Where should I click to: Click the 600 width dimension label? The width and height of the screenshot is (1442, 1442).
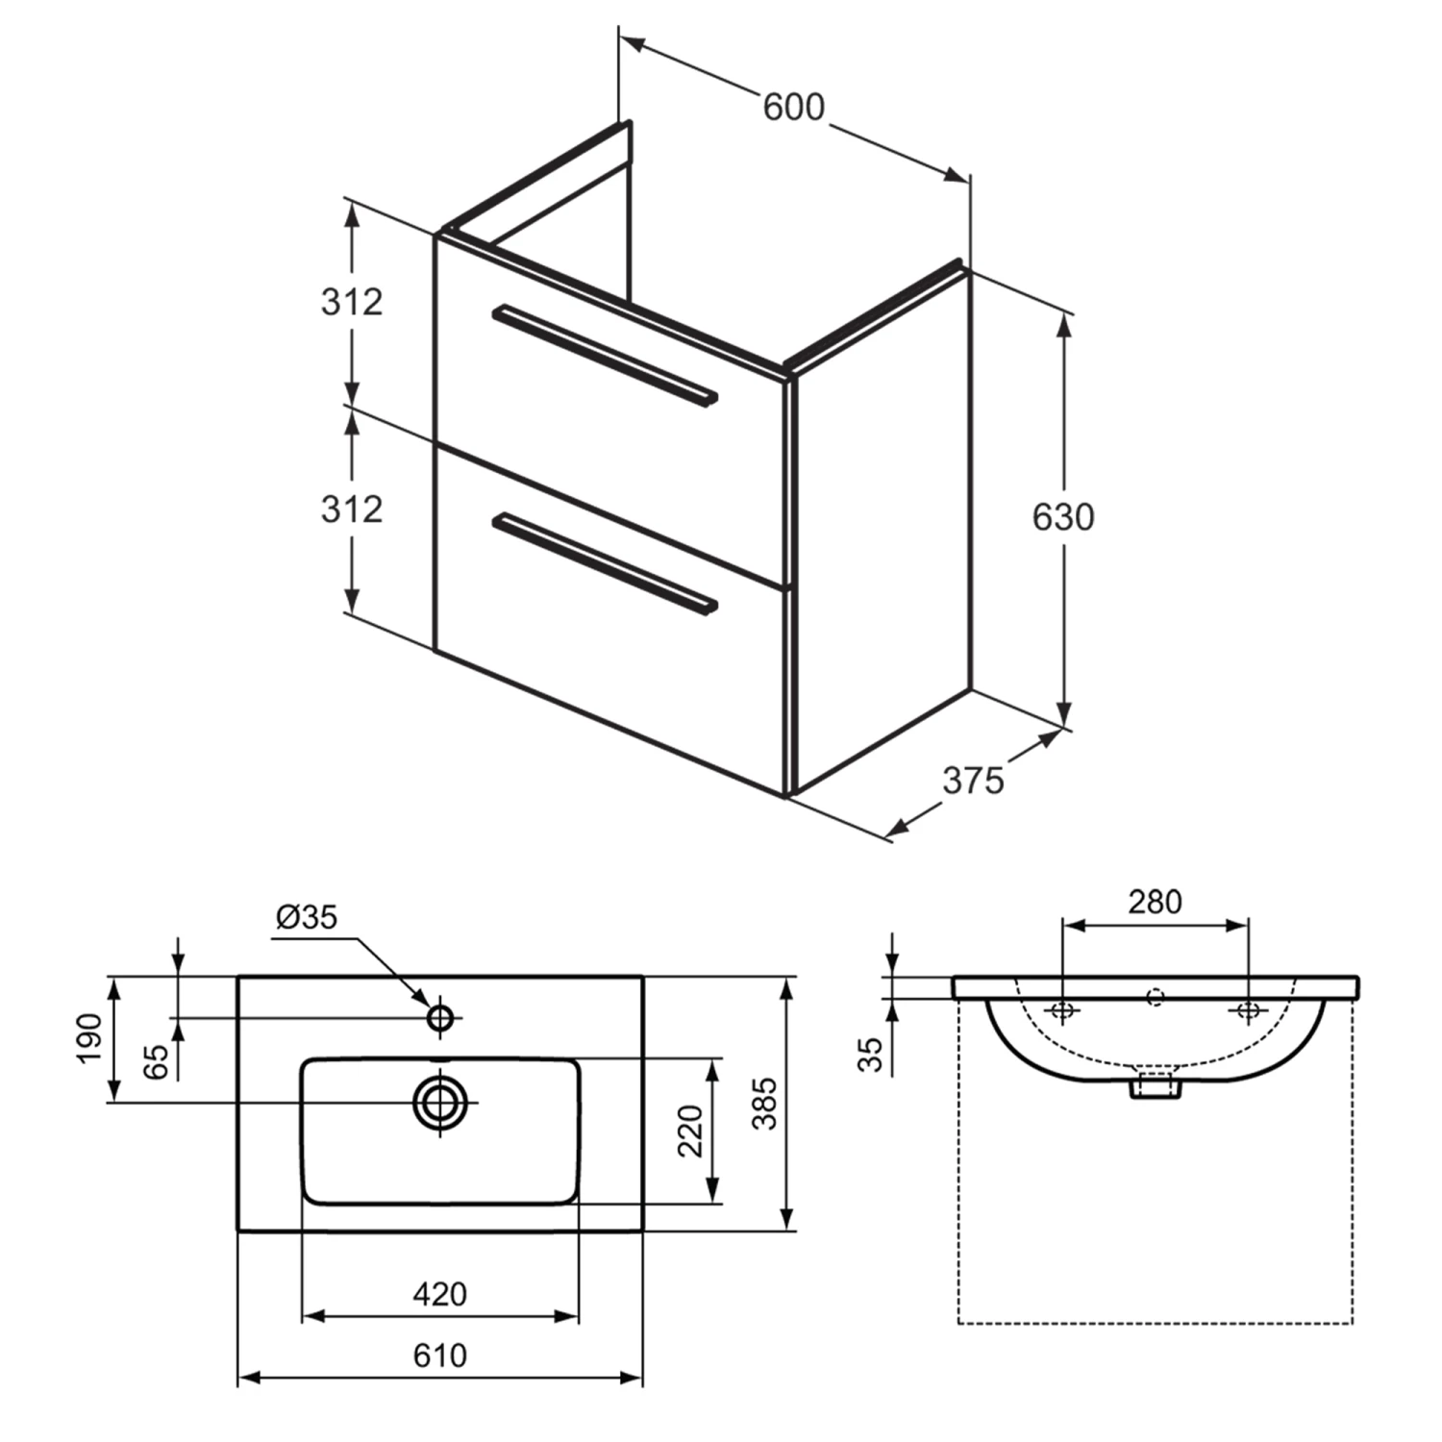[x=793, y=107]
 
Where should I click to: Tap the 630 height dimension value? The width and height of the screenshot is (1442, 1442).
[x=1062, y=517]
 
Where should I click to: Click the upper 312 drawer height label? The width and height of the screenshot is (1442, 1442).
[x=352, y=302]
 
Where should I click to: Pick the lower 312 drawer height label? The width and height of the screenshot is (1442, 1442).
[x=352, y=509]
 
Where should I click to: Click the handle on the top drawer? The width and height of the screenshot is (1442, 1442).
[x=605, y=357]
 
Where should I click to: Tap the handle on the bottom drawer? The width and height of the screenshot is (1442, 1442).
[x=605, y=563]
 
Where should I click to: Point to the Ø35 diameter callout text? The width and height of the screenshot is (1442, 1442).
[x=307, y=917]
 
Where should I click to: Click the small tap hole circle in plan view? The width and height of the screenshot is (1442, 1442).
[x=440, y=1017]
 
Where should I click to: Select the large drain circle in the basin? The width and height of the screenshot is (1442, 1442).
[x=440, y=1102]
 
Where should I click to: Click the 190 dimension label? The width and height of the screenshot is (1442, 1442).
[x=89, y=1038]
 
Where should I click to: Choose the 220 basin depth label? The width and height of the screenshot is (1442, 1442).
[x=690, y=1131]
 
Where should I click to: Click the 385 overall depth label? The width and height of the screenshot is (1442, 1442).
[x=763, y=1104]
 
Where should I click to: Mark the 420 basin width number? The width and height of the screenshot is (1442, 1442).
[x=439, y=1294]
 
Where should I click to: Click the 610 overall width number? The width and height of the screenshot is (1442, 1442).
[x=439, y=1355]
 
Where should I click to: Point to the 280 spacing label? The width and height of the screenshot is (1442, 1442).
[x=1155, y=902]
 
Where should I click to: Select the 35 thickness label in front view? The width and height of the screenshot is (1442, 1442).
[x=870, y=1054]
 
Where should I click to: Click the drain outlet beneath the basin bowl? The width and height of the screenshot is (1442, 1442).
[x=1156, y=1085]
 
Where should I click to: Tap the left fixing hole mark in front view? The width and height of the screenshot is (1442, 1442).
[x=1062, y=1010]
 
